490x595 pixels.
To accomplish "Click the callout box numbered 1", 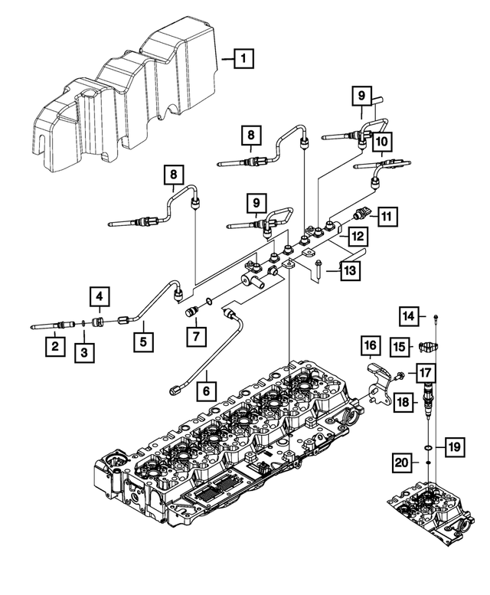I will click(x=243, y=57).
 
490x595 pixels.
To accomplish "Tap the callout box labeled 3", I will click(x=85, y=352).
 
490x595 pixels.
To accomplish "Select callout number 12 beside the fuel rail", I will click(x=357, y=238).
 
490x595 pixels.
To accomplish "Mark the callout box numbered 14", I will click(x=410, y=315).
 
